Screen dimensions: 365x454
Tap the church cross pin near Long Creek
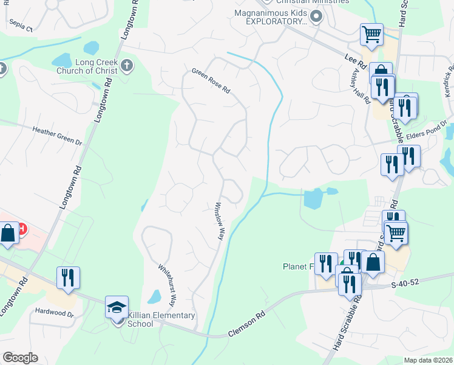[x=127, y=66]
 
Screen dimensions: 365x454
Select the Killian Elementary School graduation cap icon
[x=117, y=307]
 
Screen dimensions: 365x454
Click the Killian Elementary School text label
[x=161, y=319]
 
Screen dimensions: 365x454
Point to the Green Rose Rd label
[x=211, y=80]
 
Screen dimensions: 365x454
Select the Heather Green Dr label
[x=57, y=136]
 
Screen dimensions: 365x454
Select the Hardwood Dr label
[x=53, y=315]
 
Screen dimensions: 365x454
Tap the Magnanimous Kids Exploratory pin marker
[x=315, y=18]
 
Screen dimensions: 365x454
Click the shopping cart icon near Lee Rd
[x=371, y=34]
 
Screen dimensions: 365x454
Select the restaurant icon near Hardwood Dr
[x=67, y=277]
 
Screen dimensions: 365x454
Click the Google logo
[x=20, y=358]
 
